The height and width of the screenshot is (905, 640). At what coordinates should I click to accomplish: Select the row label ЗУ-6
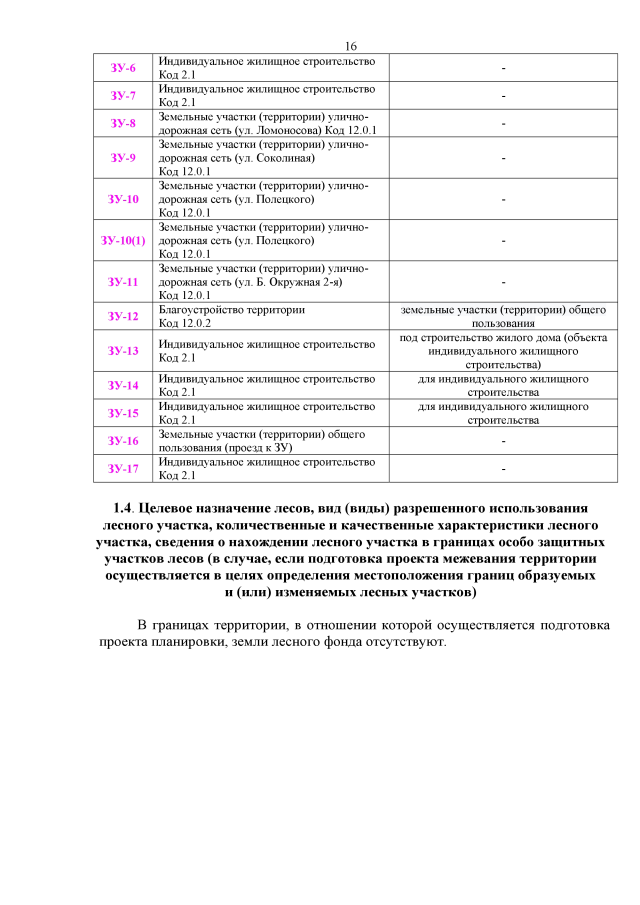tap(123, 68)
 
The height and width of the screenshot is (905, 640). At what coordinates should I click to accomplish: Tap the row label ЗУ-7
tap(123, 96)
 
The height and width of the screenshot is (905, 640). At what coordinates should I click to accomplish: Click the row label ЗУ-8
tap(123, 123)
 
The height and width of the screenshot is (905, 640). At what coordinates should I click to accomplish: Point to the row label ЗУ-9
tap(123, 158)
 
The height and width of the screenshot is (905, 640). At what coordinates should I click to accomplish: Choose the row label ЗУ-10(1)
tap(123, 241)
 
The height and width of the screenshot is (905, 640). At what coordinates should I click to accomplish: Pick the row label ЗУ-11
tap(123, 282)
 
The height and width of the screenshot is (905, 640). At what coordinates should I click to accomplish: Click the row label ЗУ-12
tap(123, 316)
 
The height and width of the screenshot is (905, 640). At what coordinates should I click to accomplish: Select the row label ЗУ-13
tap(123, 351)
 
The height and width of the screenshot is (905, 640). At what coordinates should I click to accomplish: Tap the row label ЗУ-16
tap(123, 441)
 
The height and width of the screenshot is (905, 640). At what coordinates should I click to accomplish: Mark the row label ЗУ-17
tap(123, 468)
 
